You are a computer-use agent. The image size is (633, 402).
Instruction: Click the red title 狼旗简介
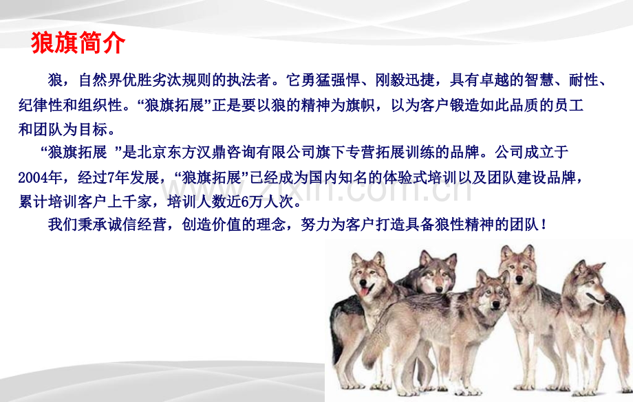coord(78,43)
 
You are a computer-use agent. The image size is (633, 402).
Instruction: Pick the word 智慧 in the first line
coord(539,80)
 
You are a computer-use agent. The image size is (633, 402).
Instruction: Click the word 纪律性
coord(41,105)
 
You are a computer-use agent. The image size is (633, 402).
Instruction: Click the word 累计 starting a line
coord(33,201)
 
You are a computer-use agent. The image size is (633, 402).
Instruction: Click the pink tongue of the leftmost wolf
coord(365,291)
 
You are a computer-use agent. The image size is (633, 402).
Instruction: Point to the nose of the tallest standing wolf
coord(519,280)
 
